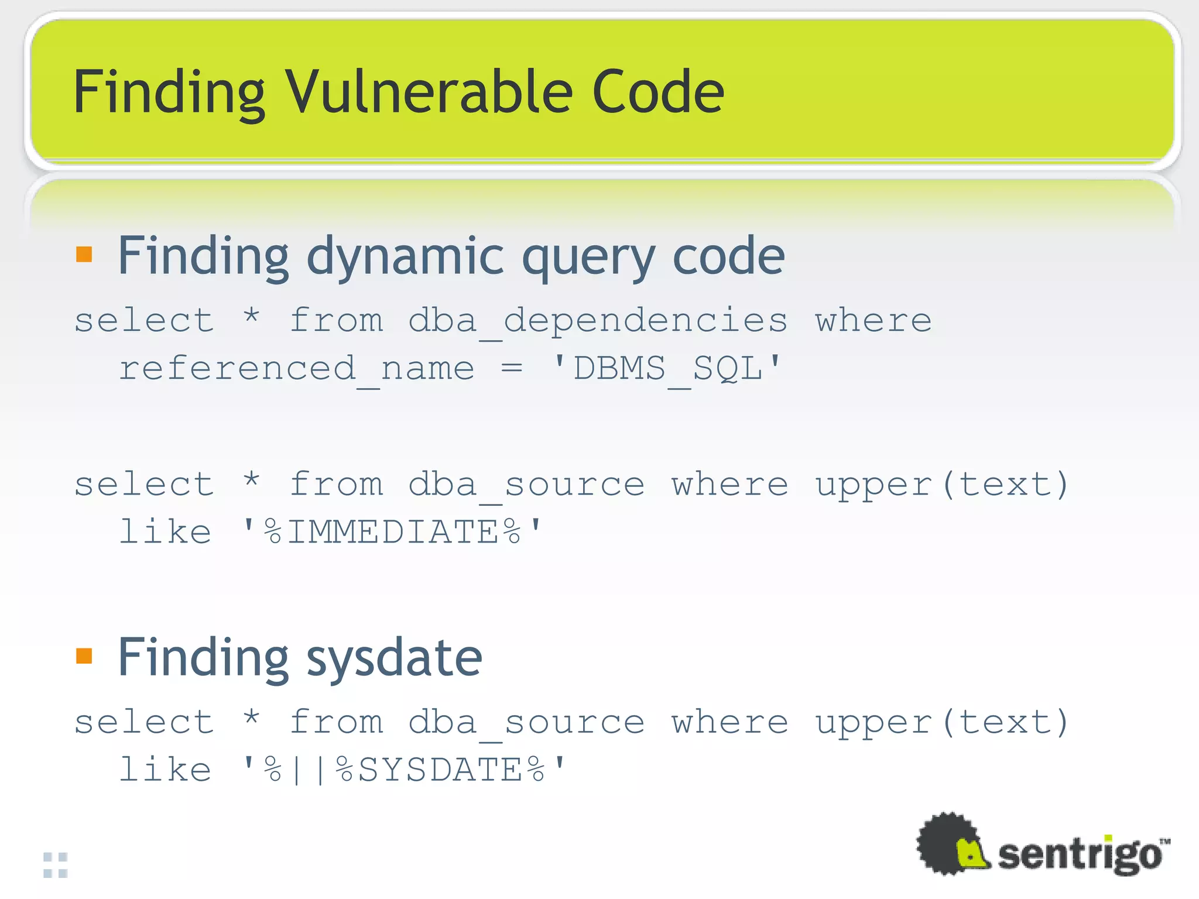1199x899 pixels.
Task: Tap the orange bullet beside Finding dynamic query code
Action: [x=84, y=254]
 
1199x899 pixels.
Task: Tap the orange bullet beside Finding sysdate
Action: [x=84, y=656]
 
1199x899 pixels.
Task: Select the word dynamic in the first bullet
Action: [x=405, y=258]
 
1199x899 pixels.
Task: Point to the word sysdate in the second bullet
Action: [x=394, y=658]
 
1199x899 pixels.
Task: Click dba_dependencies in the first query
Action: [x=597, y=321]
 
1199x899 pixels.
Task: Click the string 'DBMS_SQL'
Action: [x=667, y=369]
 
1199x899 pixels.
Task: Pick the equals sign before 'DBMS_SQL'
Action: [x=511, y=368]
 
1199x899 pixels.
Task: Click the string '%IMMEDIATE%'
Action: [x=392, y=532]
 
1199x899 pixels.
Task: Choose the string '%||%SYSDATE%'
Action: [x=404, y=770]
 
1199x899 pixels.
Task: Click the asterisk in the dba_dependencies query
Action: [x=251, y=318]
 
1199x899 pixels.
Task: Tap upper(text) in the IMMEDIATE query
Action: [x=942, y=485]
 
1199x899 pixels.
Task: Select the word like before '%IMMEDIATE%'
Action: [x=165, y=532]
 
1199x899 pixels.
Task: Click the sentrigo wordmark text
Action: [x=1079, y=855]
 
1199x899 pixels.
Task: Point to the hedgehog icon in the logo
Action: [x=951, y=845]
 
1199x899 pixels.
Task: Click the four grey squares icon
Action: [x=56, y=865]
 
